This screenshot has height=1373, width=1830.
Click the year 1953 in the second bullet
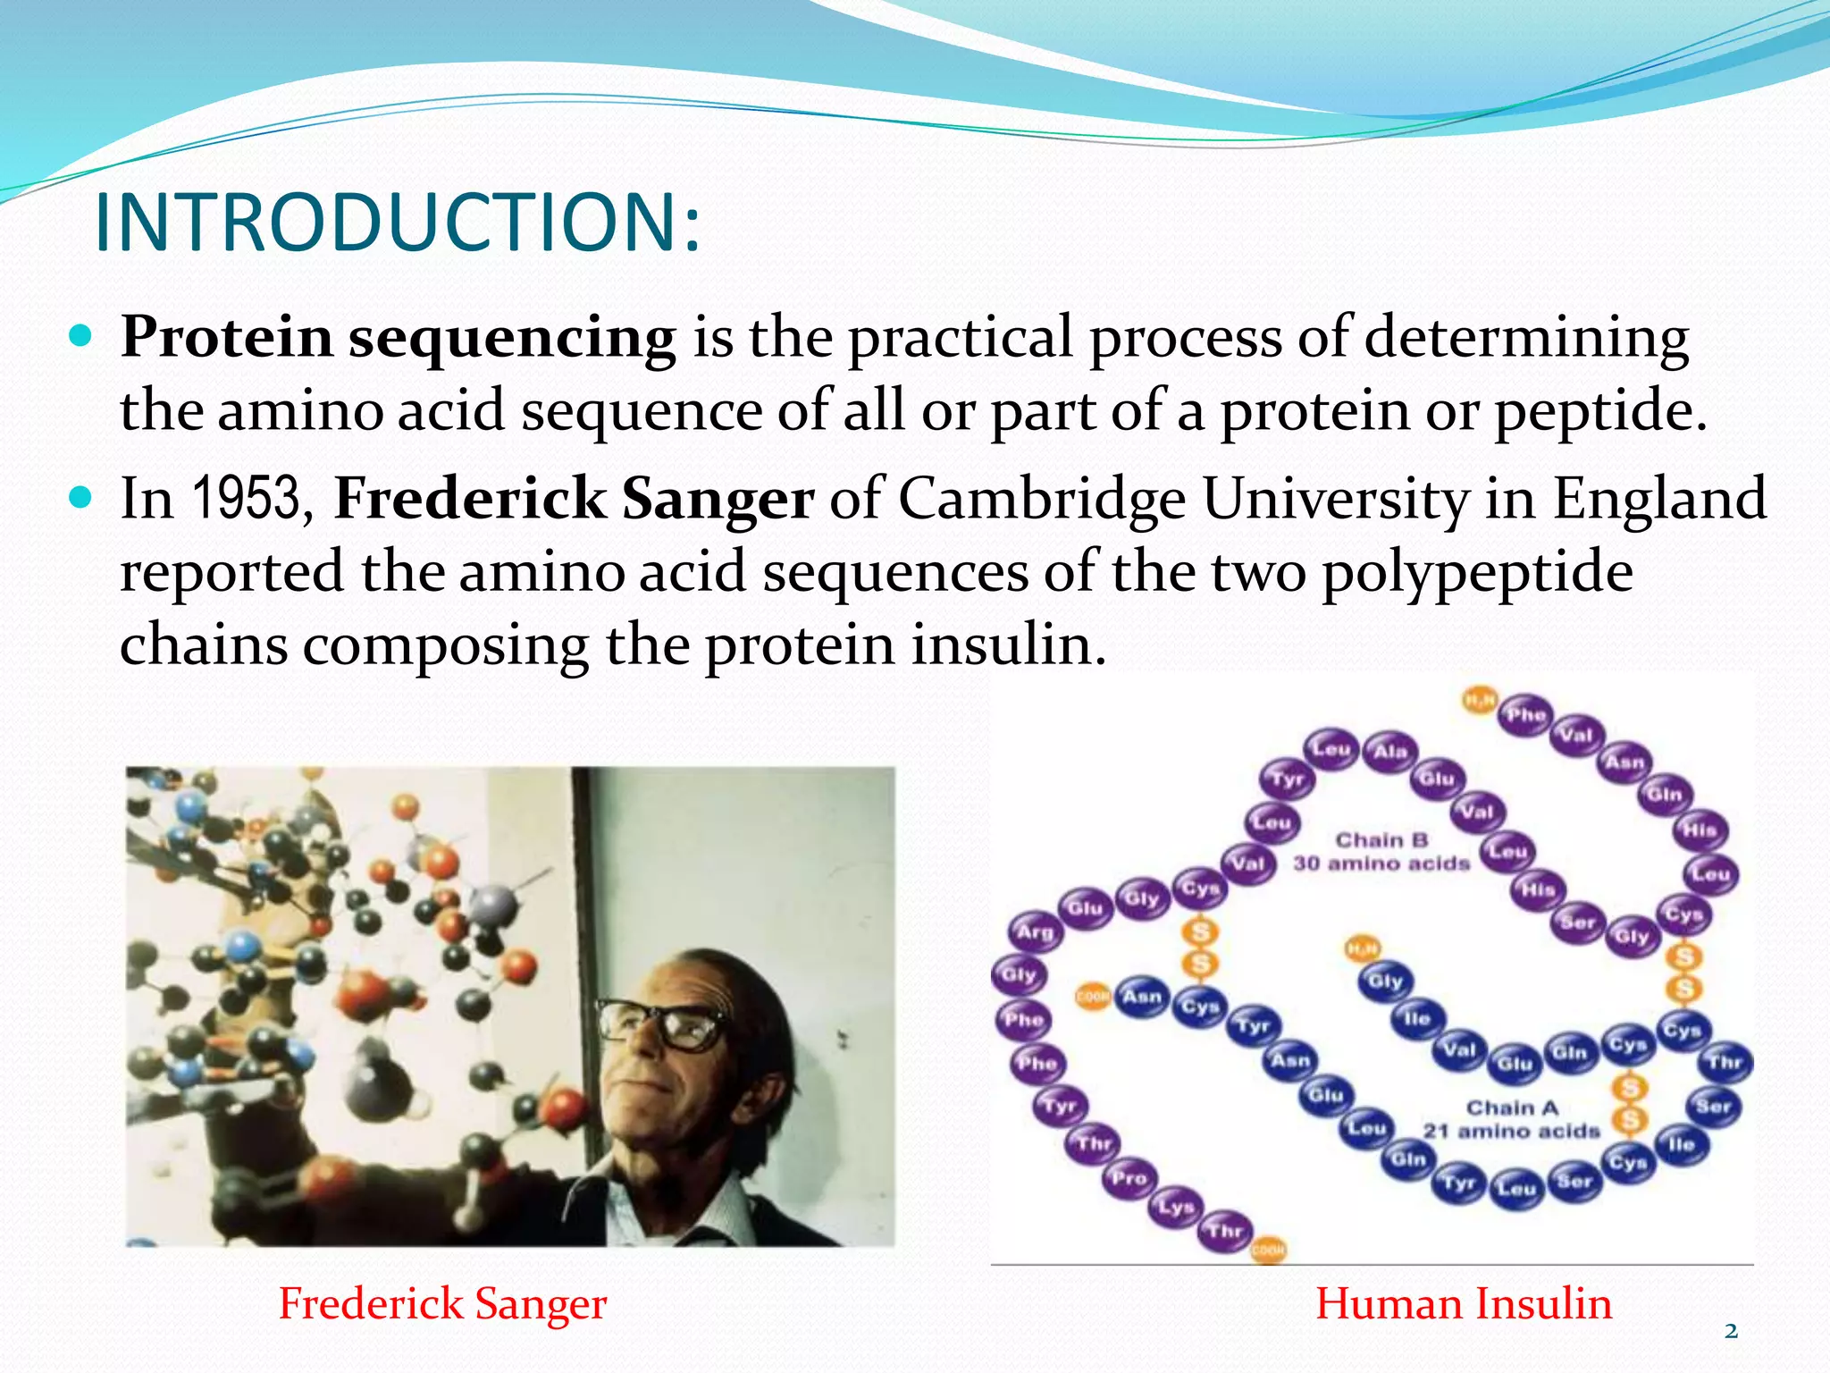coord(246,499)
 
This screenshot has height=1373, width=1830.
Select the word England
coord(1658,499)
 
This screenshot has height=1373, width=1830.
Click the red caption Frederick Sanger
coord(442,1303)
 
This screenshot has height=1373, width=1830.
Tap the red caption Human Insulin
coord(1464,1303)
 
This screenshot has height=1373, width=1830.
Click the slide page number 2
coord(1731,1331)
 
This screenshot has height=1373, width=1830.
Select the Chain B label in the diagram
coord(1381,840)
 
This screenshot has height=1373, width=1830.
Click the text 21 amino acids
coord(1511,1131)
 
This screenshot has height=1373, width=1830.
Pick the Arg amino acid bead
coord(1036,932)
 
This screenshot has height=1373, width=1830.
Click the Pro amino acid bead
coord(1129,1178)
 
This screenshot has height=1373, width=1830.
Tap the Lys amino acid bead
coord(1176,1207)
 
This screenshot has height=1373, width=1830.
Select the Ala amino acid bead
coord(1389,752)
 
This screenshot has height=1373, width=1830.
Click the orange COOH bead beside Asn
coord(1092,996)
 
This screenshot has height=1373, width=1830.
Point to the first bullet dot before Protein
coord(80,337)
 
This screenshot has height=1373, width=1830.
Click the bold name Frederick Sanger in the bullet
coord(573,499)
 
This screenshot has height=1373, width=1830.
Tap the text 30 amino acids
coord(1381,863)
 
